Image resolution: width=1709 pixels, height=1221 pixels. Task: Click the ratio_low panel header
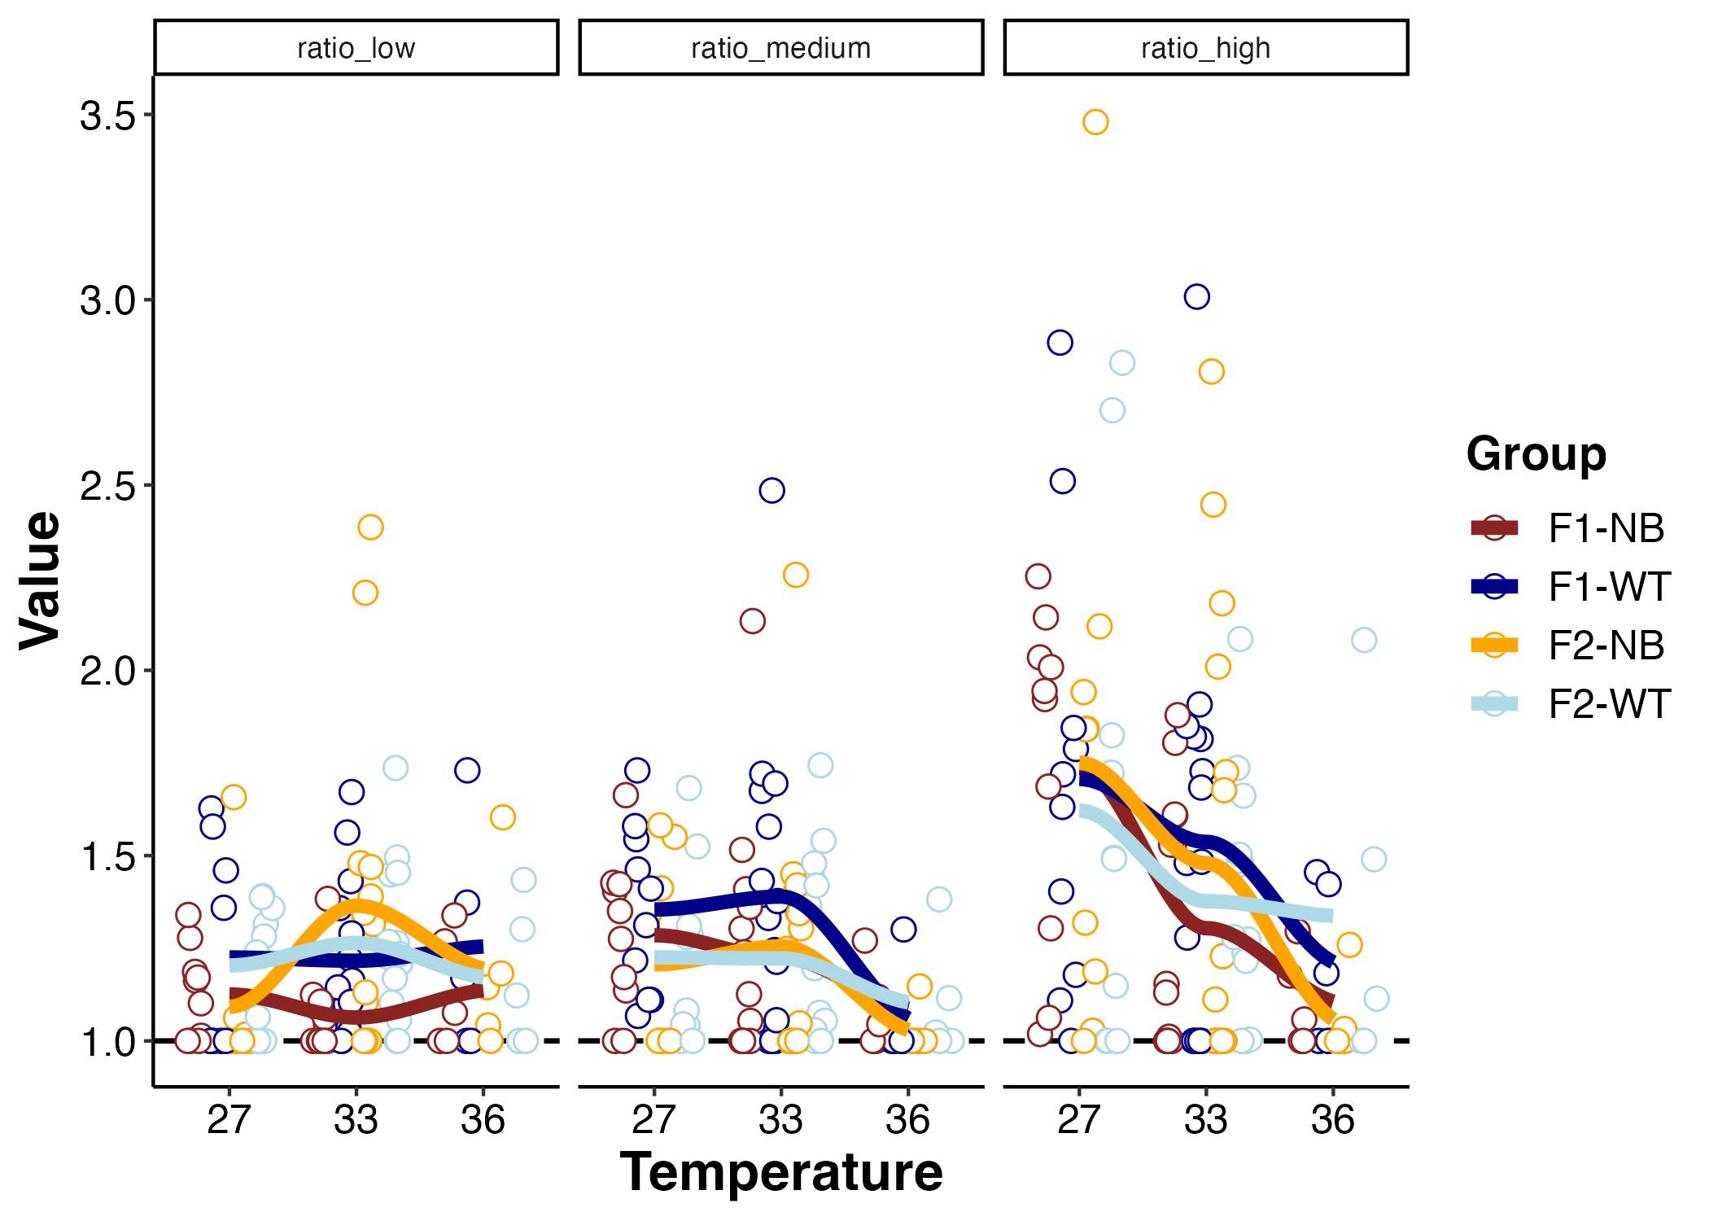[x=356, y=48]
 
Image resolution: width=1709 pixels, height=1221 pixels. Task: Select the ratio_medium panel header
[x=780, y=48]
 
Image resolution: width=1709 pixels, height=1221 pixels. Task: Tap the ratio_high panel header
[x=1205, y=48]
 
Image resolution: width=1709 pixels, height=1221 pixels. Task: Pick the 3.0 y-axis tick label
[x=107, y=301]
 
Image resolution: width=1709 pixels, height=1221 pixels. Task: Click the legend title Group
[x=1536, y=453]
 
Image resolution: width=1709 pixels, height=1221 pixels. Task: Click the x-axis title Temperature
[x=780, y=1172]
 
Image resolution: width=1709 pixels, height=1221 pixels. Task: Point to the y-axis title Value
[x=41, y=580]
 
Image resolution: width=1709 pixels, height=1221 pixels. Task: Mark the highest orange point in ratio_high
[x=1095, y=122]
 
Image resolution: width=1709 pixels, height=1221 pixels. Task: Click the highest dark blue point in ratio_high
[x=1196, y=296]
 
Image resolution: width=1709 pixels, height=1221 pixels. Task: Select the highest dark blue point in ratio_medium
[x=771, y=491]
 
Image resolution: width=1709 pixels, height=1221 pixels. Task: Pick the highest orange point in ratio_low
[x=370, y=527]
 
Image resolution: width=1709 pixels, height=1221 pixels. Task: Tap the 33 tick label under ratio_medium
[x=780, y=1120]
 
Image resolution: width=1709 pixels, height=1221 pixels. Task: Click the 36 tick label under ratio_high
[x=1332, y=1120]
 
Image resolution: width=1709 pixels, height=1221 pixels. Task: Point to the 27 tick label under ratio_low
[x=229, y=1120]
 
